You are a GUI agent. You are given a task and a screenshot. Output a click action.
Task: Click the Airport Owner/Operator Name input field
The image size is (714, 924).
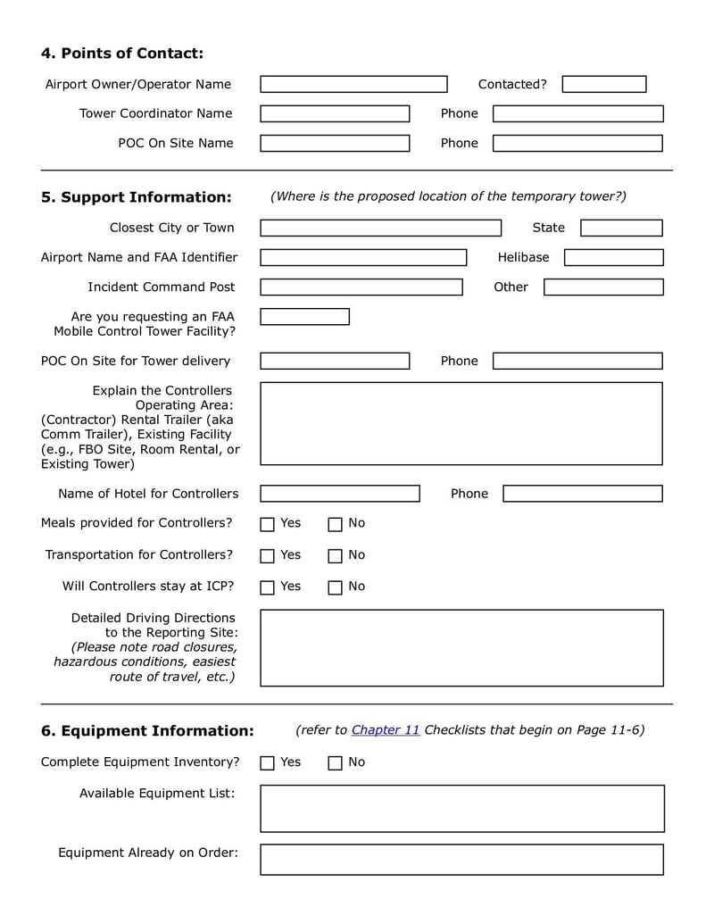click(353, 84)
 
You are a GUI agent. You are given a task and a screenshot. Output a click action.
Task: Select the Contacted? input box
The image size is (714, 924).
click(603, 84)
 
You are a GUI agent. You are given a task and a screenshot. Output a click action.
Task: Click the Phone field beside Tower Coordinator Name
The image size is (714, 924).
click(577, 113)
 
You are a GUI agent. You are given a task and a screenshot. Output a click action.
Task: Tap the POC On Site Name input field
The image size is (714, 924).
click(335, 143)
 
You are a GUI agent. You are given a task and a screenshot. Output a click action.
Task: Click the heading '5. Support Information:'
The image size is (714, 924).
click(136, 197)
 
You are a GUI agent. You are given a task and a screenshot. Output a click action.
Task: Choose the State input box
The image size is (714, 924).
click(621, 228)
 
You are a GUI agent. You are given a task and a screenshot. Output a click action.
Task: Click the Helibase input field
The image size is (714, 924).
click(613, 257)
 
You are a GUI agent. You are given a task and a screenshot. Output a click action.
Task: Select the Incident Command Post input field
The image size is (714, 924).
click(361, 287)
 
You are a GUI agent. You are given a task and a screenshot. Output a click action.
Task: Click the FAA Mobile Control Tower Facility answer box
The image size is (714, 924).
click(304, 317)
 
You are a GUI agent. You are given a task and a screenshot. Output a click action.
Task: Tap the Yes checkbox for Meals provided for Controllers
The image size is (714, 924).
click(267, 524)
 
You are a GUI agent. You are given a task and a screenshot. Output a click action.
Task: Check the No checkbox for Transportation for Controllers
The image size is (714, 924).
click(335, 556)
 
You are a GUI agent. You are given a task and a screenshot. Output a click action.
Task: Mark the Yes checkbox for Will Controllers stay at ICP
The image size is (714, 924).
click(267, 587)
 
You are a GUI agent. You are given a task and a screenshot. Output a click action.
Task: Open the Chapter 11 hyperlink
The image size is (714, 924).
click(386, 729)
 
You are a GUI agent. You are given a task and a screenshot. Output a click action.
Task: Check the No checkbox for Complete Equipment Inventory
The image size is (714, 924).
click(335, 763)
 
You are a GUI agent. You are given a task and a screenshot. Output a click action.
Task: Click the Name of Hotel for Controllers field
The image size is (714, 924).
click(339, 494)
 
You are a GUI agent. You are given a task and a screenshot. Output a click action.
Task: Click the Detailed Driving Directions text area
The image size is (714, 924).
click(461, 647)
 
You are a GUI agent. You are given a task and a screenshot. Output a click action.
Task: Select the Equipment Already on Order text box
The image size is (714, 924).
click(461, 859)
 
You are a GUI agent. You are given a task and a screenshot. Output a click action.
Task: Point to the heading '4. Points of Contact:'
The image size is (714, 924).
click(122, 54)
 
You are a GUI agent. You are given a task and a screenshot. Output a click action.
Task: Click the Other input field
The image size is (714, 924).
click(603, 287)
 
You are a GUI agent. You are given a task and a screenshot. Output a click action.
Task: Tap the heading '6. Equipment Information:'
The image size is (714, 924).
click(147, 731)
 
